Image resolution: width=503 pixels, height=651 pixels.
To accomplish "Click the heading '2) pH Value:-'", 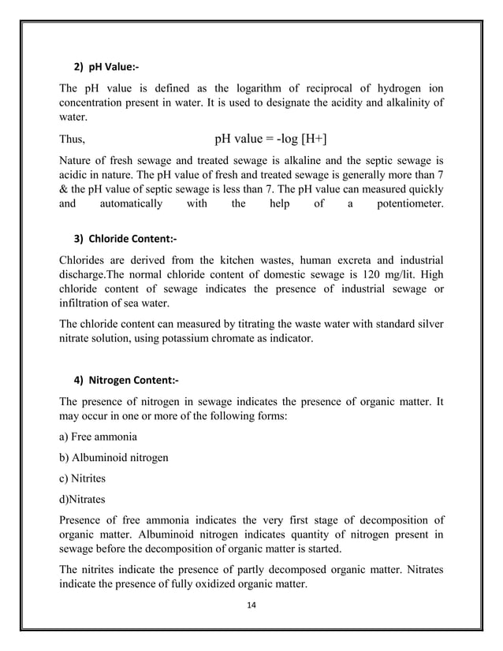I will (106, 64).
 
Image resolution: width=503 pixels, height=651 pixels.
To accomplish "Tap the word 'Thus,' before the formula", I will (73, 142).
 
